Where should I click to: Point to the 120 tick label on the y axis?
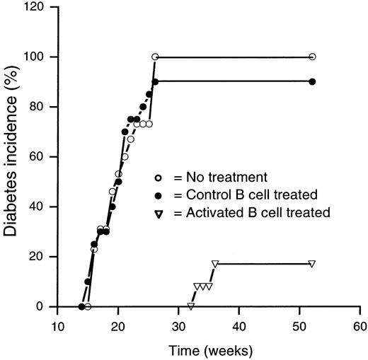pos(40,6)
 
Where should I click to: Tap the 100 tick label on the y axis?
pos(40,57)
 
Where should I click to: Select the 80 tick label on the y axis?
pos(42,107)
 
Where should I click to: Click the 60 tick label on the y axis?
pos(42,156)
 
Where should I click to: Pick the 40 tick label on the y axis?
pos(42,207)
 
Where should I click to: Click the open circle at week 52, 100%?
pos(312,57)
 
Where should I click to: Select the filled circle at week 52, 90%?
pos(312,81)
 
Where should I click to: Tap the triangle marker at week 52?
pos(312,264)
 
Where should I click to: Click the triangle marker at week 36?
pos(215,264)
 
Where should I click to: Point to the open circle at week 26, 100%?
pos(155,57)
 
